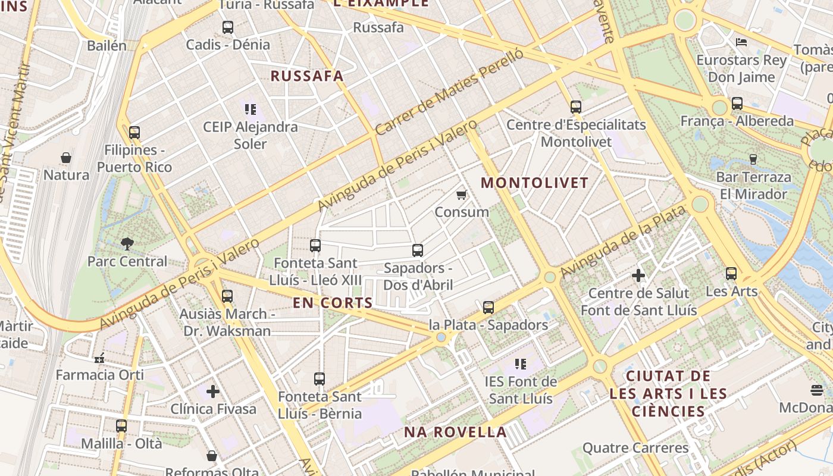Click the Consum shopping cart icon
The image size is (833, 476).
(461, 195)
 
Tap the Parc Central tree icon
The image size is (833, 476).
(127, 243)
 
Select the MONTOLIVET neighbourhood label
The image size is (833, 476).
(534, 183)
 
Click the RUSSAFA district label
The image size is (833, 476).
(307, 76)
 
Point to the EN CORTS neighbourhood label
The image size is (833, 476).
(333, 303)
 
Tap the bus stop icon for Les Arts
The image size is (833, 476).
(731, 274)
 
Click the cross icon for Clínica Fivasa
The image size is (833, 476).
(213, 391)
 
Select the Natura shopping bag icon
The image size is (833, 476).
(66, 158)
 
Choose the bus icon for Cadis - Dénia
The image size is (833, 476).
(227, 27)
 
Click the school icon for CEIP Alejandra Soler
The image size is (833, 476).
(250, 109)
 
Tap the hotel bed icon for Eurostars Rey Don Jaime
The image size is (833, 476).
(741, 42)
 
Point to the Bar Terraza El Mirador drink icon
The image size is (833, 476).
(753, 159)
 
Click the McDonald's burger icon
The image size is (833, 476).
(817, 390)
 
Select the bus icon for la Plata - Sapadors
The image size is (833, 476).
(488, 308)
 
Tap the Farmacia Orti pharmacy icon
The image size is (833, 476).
(99, 358)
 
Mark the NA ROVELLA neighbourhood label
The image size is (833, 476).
(455, 432)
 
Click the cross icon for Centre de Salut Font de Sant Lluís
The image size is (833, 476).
(638, 275)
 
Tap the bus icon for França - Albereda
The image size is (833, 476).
(737, 104)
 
